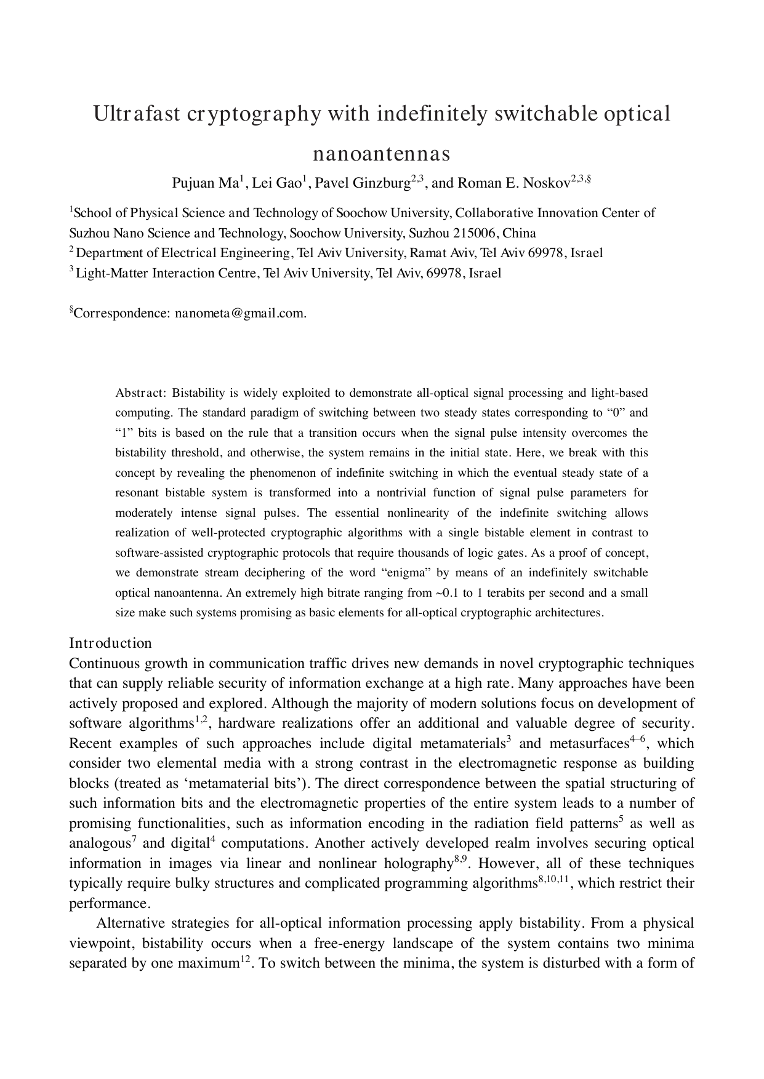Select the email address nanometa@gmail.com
pos(239,313)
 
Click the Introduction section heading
pos(110,643)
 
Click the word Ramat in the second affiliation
pos(427,253)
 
